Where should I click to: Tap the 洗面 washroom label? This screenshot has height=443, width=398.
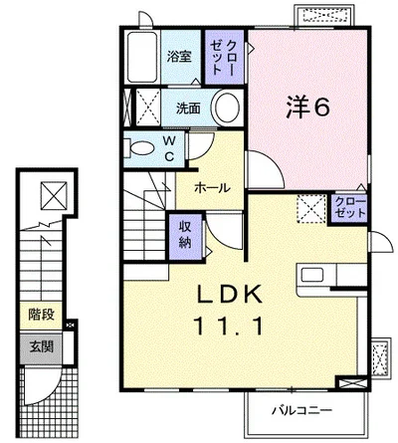188,109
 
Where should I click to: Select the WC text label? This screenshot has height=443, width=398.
169,149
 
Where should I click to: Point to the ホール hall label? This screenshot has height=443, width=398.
212,187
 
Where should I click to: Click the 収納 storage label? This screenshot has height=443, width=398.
186,235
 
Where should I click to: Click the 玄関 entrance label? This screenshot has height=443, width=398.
40,346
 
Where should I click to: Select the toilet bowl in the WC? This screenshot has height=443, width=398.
138,148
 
